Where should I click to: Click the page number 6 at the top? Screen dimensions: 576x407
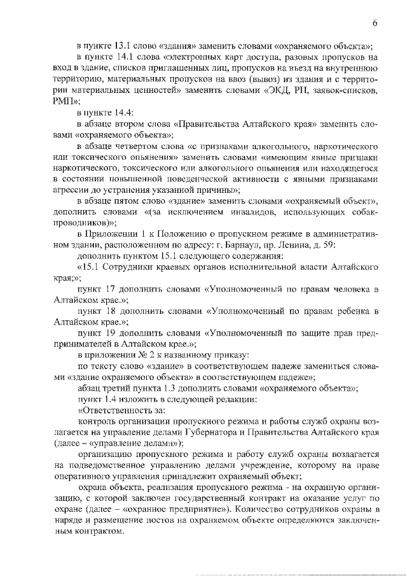pos(375,24)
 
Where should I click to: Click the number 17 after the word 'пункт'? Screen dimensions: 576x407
pos(113,289)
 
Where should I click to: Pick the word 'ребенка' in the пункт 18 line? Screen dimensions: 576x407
pos(348,311)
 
